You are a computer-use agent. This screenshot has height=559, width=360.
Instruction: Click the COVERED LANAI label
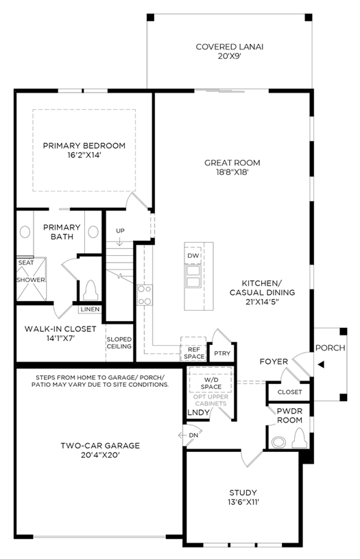pos(230,47)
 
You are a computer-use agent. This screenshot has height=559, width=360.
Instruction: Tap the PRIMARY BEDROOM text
pos(84,145)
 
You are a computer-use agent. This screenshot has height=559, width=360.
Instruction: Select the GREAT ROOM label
pos(232,163)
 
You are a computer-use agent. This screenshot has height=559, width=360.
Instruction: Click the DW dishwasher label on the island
pos(193,256)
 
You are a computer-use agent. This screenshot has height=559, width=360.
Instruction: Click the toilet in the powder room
pos(299,438)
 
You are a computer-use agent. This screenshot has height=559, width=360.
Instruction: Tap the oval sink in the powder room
pos(278,442)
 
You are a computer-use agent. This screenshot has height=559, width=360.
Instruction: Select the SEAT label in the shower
pos(26,263)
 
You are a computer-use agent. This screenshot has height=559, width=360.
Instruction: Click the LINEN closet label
pos(91,309)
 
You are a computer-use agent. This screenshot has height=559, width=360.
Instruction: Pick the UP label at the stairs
pos(120,230)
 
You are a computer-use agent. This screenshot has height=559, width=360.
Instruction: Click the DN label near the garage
pos(193,436)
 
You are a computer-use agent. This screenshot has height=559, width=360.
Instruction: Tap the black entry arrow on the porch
pos(321,364)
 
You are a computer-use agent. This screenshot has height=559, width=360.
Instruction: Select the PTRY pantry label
pos(222,353)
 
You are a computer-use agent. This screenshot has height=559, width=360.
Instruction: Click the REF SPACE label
pos(194,353)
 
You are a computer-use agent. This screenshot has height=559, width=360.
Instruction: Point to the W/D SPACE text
pos(211,383)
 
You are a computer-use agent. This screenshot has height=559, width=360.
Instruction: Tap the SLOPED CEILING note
pos(119,342)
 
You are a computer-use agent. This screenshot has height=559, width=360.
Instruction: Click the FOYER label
pos(274,361)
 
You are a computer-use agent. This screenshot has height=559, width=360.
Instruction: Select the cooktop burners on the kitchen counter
pos(145,295)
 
